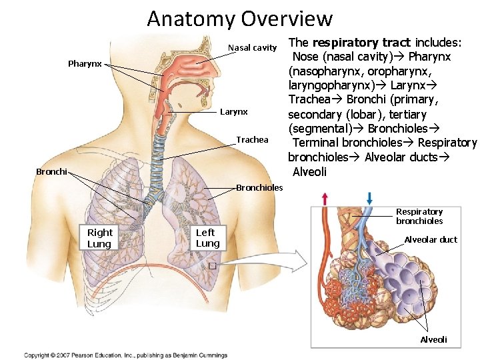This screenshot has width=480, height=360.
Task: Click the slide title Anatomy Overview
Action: pyautogui.click(x=239, y=18)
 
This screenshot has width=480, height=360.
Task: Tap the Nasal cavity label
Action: pyautogui.click(x=252, y=47)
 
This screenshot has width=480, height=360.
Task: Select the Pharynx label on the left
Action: pyautogui.click(x=85, y=64)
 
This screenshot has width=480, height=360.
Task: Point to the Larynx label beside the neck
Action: pyautogui.click(x=233, y=112)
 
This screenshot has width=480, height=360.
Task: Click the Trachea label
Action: pyautogui.click(x=252, y=139)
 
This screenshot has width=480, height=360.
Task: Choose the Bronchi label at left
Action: pyautogui.click(x=51, y=171)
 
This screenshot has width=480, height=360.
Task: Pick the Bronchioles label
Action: pyautogui.click(x=259, y=187)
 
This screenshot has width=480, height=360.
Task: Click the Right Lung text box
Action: pyautogui.click(x=100, y=237)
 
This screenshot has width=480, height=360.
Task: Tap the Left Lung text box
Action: pyautogui.click(x=207, y=237)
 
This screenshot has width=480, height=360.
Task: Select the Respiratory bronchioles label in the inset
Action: pyautogui.click(x=419, y=216)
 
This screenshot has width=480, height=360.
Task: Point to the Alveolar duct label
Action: pyautogui.click(x=431, y=239)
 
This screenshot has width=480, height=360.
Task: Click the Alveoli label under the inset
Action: pyautogui.click(x=433, y=339)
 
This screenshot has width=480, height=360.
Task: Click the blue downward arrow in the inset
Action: pyautogui.click(x=369, y=198)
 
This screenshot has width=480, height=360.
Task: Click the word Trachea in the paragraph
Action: pyautogui.click(x=309, y=99)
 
